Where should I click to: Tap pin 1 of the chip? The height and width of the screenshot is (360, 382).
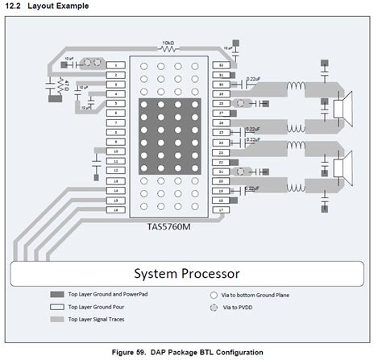118,64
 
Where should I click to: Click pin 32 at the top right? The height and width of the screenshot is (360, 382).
220,64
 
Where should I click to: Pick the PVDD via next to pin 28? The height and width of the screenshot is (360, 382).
239,103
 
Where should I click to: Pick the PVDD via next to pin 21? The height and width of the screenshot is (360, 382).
239,172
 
